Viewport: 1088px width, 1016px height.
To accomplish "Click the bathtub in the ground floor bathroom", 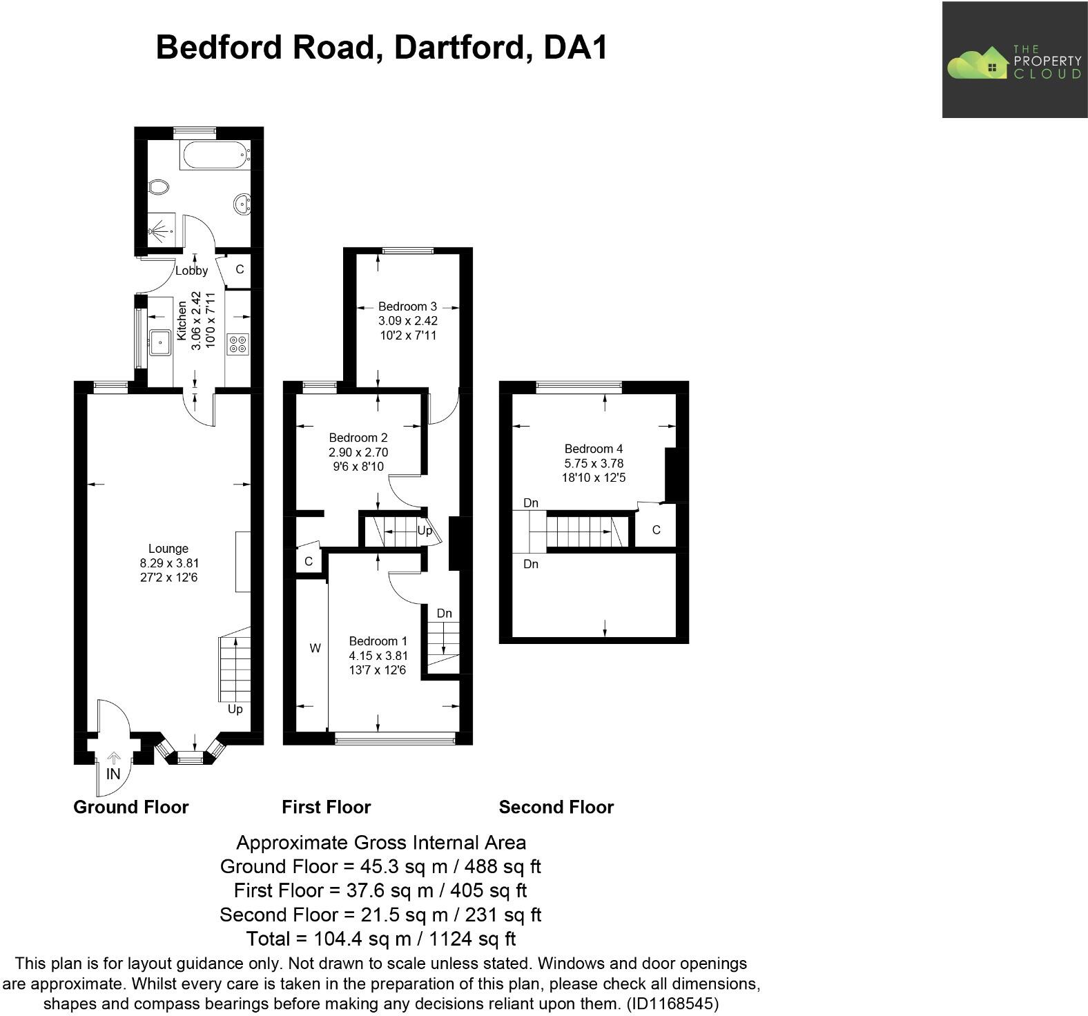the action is coord(215,155).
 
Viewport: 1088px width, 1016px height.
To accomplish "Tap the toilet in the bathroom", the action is coord(158,186).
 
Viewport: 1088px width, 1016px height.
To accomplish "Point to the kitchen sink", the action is coord(160,341).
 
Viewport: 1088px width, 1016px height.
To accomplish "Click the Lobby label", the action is coord(191,271).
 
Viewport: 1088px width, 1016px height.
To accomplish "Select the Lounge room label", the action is coord(168,549).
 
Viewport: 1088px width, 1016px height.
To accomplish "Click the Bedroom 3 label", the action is coord(407,306).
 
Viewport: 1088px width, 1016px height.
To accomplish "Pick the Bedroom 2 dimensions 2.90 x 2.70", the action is coord(358,452).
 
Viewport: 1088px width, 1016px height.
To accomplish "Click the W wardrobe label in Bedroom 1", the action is coord(315,648).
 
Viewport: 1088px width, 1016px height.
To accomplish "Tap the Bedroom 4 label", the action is coord(594,449).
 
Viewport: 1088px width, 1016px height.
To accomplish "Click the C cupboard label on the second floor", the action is coord(656,530).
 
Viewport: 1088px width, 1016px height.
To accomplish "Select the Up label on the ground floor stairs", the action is coord(235,709).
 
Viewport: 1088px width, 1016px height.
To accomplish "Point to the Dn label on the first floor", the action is coord(445,613).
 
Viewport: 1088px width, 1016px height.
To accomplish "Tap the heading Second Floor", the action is coord(556,807).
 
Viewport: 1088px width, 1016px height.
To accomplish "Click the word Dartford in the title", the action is coord(463,48).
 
